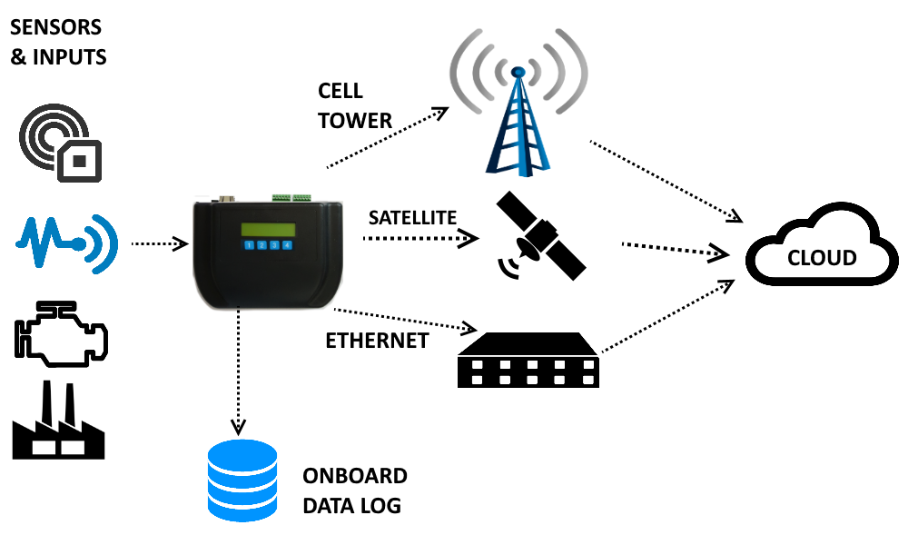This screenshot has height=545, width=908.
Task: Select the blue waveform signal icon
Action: click(x=66, y=242)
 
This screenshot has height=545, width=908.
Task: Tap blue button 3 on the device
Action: click(x=274, y=245)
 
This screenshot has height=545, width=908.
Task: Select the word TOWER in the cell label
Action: click(x=355, y=120)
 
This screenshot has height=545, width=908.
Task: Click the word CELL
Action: click(x=340, y=91)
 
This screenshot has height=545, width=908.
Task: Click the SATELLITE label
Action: click(x=411, y=218)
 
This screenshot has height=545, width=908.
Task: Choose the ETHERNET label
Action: click(x=376, y=342)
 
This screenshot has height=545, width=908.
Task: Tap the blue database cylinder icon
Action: click(x=242, y=481)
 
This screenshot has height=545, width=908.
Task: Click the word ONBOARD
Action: click(x=355, y=476)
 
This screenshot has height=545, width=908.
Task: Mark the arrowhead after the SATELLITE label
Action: click(x=469, y=239)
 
